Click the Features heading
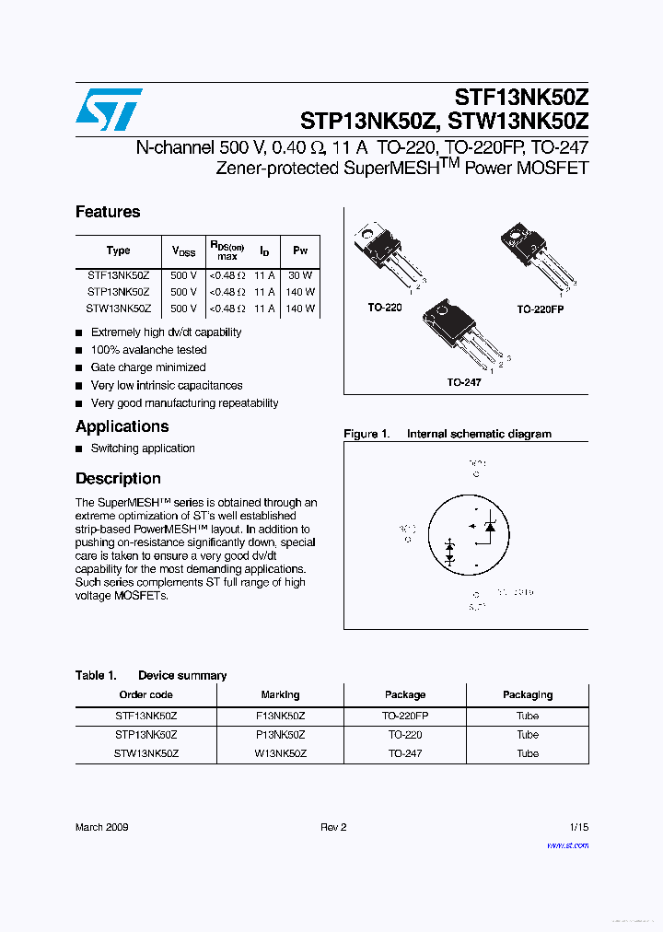tap(108, 212)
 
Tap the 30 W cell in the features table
tap(300, 275)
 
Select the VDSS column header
tap(183, 250)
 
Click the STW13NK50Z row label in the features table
tap(118, 309)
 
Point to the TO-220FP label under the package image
tap(540, 309)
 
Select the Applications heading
tap(122, 426)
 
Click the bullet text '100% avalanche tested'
tap(148, 350)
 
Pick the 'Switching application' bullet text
tap(143, 449)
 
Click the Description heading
tap(118, 479)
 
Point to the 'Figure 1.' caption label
tap(366, 434)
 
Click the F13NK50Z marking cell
tap(280, 716)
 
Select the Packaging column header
tap(528, 695)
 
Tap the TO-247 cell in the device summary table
tap(405, 753)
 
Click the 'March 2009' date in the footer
tap(101, 827)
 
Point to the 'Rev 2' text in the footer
tap(333, 827)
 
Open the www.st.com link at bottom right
tap(567, 845)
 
